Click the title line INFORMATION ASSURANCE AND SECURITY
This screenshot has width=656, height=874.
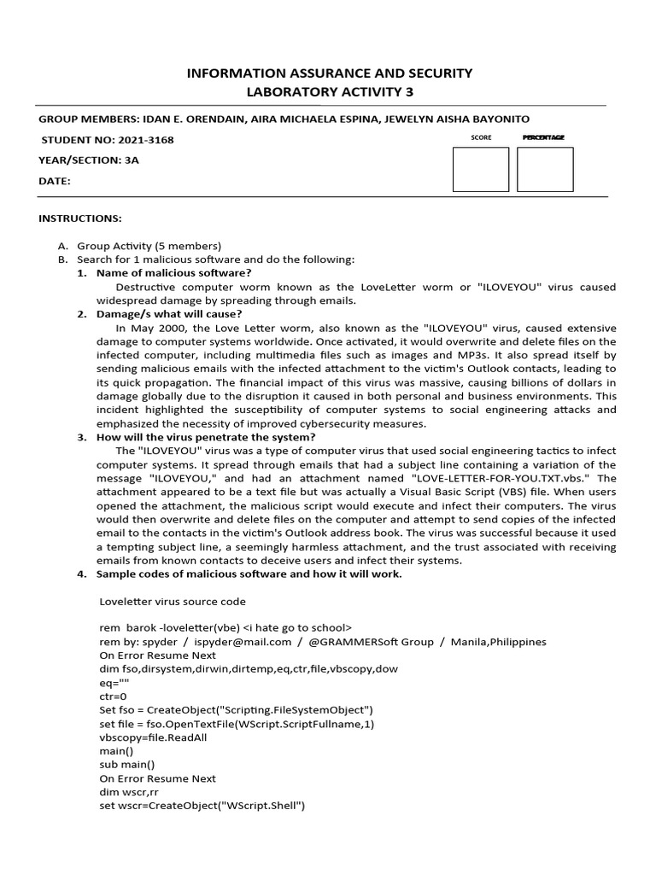[329, 73]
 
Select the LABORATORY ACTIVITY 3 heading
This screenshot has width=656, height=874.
[329, 92]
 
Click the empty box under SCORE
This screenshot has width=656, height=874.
[480, 169]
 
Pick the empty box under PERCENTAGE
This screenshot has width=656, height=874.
[545, 169]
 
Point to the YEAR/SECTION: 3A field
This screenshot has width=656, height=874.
[88, 160]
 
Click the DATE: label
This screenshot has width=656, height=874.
[55, 181]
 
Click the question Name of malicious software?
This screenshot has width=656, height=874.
[173, 272]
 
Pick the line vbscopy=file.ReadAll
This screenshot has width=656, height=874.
[153, 737]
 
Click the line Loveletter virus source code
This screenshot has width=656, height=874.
[173, 600]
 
